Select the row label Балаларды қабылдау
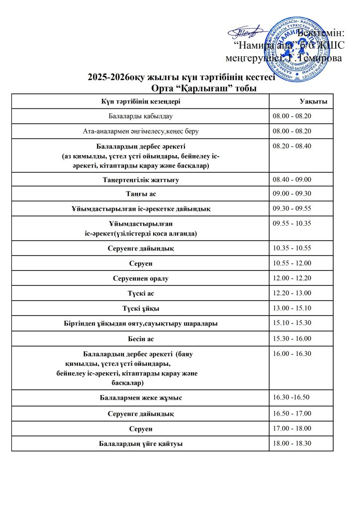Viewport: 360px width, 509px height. (x=140, y=116)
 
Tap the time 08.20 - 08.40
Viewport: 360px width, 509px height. (x=292, y=146)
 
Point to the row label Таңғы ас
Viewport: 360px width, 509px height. (x=141, y=193)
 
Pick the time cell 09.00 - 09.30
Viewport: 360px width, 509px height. (x=292, y=193)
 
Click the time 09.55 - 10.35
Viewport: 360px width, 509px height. (x=292, y=223)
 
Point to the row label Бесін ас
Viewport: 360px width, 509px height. (x=141, y=339)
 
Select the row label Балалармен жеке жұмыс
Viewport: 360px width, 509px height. (x=141, y=398)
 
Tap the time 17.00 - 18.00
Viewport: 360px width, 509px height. (x=292, y=428)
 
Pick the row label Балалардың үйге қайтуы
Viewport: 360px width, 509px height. (x=141, y=443)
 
